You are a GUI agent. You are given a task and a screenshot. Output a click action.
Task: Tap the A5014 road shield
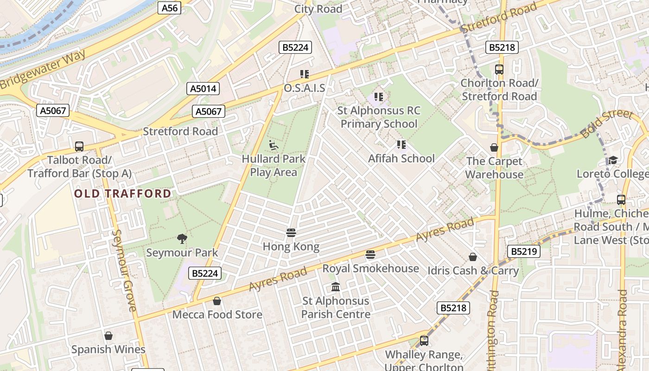[x=203, y=89]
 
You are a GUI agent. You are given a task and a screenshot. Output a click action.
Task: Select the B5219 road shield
[x=524, y=251]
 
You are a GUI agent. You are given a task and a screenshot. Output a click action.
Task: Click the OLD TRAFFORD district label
[x=123, y=193]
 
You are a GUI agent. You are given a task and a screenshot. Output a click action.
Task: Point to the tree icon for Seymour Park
[x=182, y=239]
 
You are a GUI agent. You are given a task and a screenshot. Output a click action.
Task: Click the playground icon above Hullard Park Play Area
[x=274, y=145]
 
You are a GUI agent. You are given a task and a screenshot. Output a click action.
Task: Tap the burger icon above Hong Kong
[x=291, y=232]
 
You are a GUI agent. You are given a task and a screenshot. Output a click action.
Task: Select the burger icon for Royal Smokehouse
[x=370, y=254]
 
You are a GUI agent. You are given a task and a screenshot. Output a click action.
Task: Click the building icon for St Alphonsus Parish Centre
[x=336, y=287]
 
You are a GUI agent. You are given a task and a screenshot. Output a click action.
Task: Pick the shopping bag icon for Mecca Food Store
[x=216, y=301]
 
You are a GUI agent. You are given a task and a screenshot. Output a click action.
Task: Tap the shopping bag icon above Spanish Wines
[x=108, y=335]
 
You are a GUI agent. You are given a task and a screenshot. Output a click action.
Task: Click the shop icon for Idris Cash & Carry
[x=472, y=256]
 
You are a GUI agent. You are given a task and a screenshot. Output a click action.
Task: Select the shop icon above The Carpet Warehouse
[x=494, y=147]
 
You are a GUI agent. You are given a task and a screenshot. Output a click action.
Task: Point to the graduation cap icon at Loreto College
[x=613, y=160]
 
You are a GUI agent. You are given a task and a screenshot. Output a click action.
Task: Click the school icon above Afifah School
[x=401, y=145]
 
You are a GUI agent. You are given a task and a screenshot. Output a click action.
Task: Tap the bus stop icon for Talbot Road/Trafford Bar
[x=79, y=146]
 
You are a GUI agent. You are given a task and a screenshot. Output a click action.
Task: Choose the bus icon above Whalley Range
[x=424, y=341]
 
